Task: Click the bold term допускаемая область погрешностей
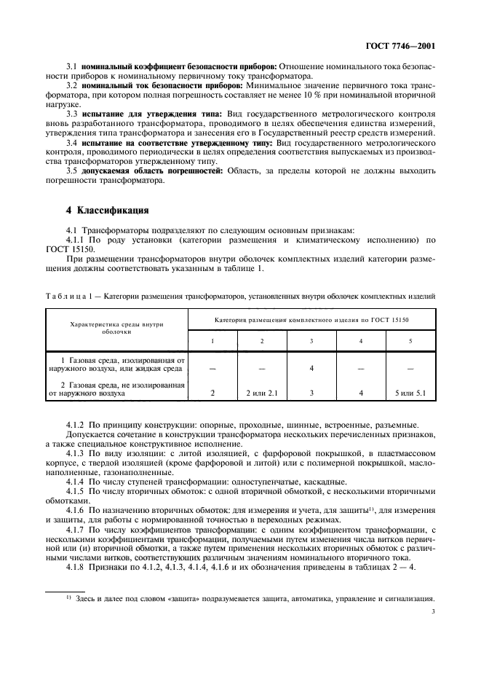(154, 171)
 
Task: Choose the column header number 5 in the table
(410, 340)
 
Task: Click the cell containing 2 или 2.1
(262, 393)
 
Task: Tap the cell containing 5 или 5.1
(410, 393)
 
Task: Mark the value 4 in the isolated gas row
(311, 369)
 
